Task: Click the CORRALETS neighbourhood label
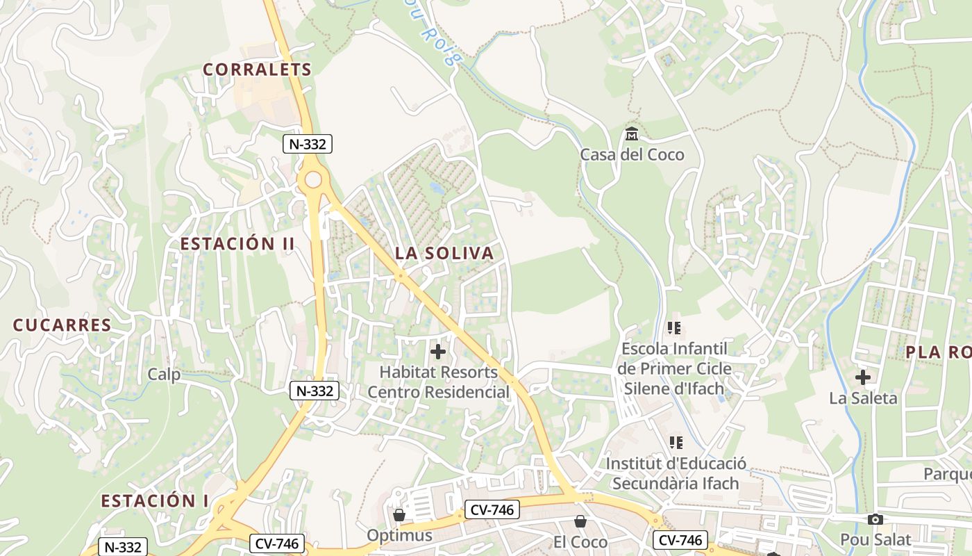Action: [258, 69]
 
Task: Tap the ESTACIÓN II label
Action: [237, 244]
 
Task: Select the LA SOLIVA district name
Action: [444, 254]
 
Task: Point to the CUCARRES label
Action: [62, 325]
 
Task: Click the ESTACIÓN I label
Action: [155, 501]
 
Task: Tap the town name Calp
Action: [164, 375]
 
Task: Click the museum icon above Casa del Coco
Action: [632, 133]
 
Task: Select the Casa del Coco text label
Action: [632, 154]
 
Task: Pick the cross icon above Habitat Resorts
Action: [438, 352]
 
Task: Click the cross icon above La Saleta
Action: [863, 377]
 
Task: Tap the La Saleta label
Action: [863, 398]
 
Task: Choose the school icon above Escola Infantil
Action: [674, 327]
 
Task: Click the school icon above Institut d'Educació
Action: [676, 443]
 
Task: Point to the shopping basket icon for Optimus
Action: [399, 515]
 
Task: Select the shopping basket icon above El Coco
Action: [580, 521]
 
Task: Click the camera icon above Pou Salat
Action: [875, 519]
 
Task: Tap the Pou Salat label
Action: [875, 539]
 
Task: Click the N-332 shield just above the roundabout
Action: [308, 144]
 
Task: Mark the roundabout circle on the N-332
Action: [313, 180]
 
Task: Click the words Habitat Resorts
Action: [439, 373]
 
